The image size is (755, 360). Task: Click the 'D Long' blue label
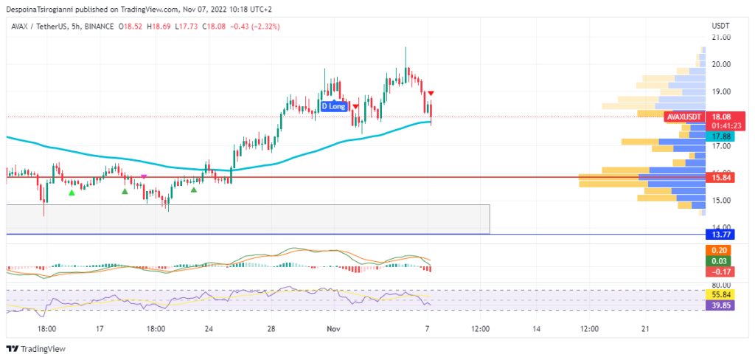(333, 106)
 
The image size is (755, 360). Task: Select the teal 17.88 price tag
(719, 136)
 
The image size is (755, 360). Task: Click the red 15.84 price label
(719, 178)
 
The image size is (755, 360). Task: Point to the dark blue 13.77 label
(719, 235)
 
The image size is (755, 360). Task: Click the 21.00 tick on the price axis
(720, 37)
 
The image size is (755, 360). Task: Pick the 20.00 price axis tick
(720, 64)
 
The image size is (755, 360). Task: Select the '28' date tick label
(271, 328)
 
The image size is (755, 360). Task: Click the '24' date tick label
(209, 328)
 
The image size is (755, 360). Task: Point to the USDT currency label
(720, 26)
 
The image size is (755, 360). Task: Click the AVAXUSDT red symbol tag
(683, 117)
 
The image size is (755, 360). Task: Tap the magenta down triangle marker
(144, 176)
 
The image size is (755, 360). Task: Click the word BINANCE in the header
(100, 27)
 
